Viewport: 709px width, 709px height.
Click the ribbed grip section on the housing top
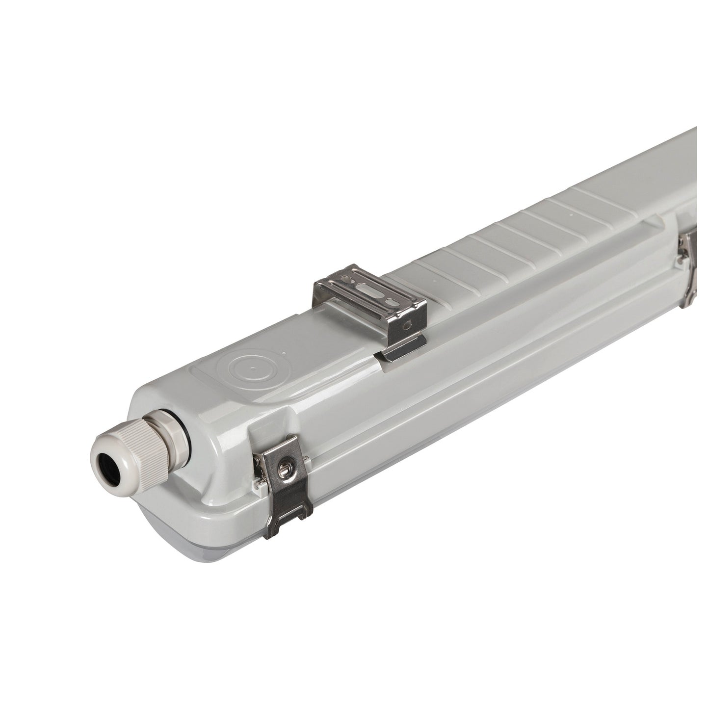pos(491,245)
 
